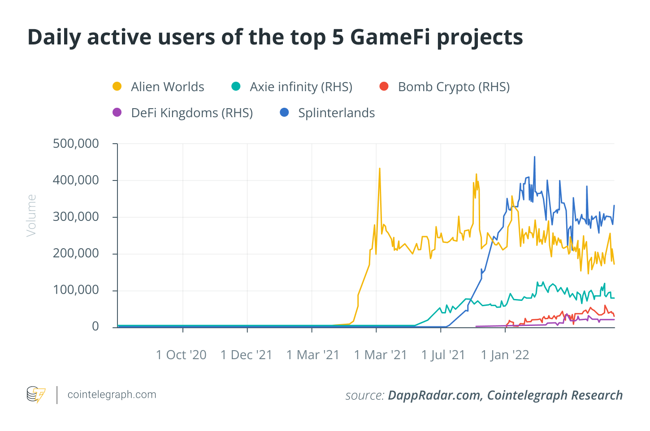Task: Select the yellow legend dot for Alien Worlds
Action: pos(117,87)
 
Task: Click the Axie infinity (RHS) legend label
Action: pos(301,87)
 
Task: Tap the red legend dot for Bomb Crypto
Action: pos(384,87)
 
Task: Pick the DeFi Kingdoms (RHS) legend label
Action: pos(192,113)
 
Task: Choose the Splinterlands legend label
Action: pos(336,113)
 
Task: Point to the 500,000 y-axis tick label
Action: pos(76,144)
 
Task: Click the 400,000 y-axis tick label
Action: pos(76,180)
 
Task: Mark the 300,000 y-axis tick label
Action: pos(76,217)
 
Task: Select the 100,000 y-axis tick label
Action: pos(76,290)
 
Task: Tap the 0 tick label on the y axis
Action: pos(95,326)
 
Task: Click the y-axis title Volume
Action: pos(31,215)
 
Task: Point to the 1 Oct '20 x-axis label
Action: pos(181,355)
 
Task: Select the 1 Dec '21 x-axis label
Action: pos(247,355)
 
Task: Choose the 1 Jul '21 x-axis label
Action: pos(443,355)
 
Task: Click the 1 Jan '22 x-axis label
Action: pos(505,355)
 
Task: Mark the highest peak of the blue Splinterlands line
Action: pos(534,157)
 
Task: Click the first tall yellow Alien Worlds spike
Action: pos(380,169)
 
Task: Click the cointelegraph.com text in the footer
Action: pos(112,395)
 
